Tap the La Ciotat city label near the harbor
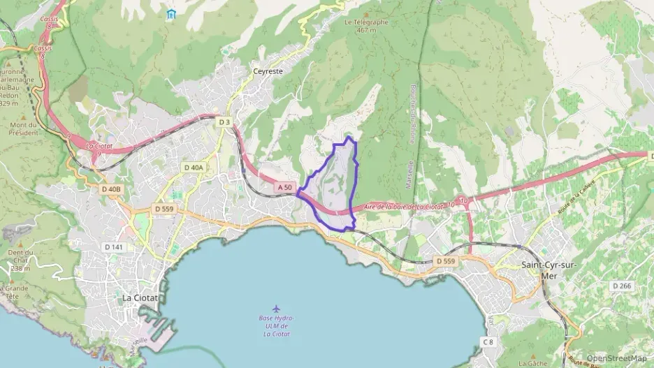140,297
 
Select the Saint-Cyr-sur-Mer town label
551,270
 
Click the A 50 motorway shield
284,187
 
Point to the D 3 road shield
224,122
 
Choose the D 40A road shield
194,168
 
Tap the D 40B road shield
111,189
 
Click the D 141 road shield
112,246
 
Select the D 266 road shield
621,286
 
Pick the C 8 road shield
488,341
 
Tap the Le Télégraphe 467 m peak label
366,26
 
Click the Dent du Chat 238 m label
20,260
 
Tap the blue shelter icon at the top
172,14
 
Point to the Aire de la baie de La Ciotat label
404,207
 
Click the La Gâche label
533,363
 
